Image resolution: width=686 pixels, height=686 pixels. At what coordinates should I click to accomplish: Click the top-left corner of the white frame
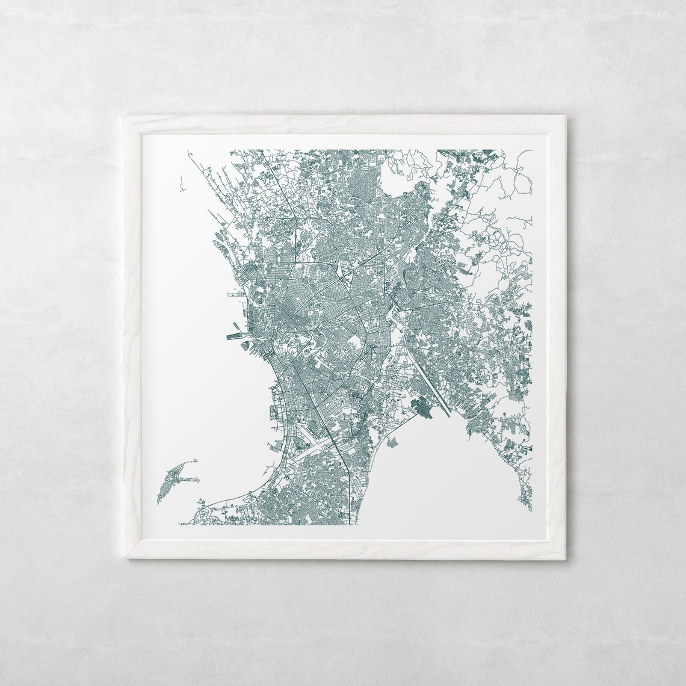(x=123, y=116)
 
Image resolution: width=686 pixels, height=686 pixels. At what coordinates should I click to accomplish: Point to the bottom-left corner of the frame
(x=127, y=559)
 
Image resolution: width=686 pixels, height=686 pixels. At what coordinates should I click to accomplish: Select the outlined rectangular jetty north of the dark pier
(x=235, y=295)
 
